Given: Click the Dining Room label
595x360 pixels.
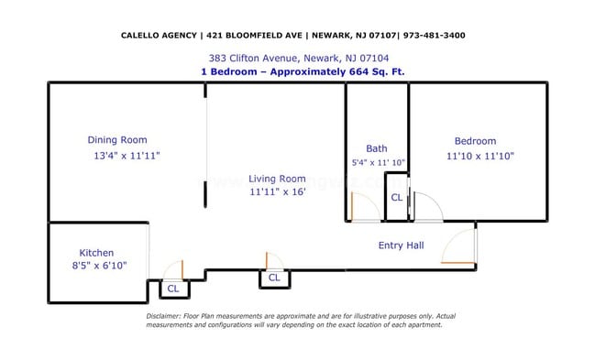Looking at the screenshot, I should click(x=116, y=140).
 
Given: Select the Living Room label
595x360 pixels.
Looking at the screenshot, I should click(x=277, y=179).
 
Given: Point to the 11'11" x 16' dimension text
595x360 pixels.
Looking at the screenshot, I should click(x=277, y=192).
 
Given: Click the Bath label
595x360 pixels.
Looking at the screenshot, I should click(x=376, y=148).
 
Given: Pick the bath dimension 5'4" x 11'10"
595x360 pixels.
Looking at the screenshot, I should click(x=378, y=162).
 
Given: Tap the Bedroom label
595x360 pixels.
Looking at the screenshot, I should click(x=475, y=141).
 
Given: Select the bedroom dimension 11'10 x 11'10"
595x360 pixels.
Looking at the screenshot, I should click(x=479, y=156).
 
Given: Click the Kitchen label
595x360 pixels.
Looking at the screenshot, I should click(x=96, y=253).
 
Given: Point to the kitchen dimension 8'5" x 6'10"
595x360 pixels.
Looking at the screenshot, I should click(x=98, y=267).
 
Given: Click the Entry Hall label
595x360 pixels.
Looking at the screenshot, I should click(x=401, y=245).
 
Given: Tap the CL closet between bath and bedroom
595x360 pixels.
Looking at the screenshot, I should click(x=396, y=197).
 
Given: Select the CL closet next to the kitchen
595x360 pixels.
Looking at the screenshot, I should click(x=172, y=289).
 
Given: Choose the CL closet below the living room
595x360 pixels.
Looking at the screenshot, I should click(x=273, y=278).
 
